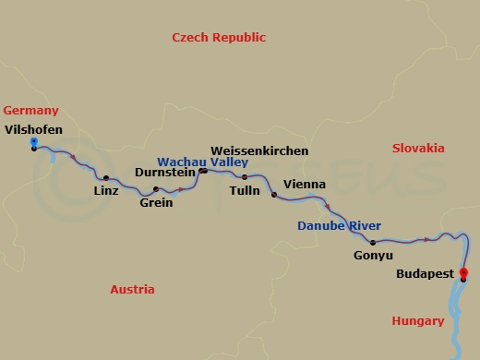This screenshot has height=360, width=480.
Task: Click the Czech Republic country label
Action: click(x=219, y=38)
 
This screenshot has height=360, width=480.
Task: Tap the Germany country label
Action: click(x=30, y=110)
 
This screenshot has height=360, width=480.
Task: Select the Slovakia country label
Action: click(x=417, y=148)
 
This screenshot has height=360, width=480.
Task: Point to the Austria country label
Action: click(x=132, y=289)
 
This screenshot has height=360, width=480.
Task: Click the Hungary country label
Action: click(x=417, y=321)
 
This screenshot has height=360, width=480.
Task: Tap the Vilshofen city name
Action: click(x=33, y=129)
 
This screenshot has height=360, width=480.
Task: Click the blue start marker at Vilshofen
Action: click(x=33, y=142)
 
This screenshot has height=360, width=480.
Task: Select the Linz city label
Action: click(x=106, y=191)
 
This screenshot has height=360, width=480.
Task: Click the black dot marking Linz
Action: click(x=106, y=178)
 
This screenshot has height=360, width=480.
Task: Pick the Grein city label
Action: click(x=156, y=202)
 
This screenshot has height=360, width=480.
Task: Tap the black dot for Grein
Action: click(x=156, y=189)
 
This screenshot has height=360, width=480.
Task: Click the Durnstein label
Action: click(x=165, y=172)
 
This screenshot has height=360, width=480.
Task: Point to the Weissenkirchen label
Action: click(x=259, y=150)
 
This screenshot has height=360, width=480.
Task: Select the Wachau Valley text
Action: click(x=202, y=161)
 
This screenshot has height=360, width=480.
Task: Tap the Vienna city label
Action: click(x=305, y=184)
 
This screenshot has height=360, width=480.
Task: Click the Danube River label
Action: click(x=339, y=225)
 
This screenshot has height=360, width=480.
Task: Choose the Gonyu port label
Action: click(x=373, y=255)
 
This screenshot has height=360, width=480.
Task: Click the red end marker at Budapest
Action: click(x=463, y=272)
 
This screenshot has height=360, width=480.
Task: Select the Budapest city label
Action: click(x=426, y=274)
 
